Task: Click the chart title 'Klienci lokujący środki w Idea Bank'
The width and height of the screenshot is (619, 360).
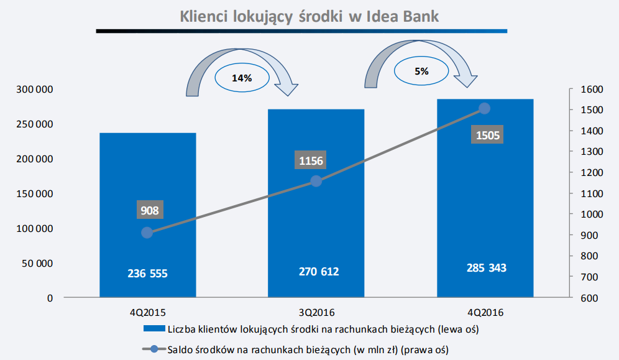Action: pos(309,16)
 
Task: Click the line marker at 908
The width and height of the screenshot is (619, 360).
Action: pos(147,233)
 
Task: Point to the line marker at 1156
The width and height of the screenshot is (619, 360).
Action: pos(316,181)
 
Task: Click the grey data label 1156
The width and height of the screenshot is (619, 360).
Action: pos(311,161)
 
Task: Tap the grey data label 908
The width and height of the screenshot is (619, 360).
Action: pos(150,210)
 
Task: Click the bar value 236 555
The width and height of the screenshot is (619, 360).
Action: pos(148,273)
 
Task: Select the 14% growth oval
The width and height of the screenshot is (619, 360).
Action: pos(242,78)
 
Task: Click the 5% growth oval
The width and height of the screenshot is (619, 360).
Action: pos(421,71)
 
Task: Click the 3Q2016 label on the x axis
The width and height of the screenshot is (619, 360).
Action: pos(316,311)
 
